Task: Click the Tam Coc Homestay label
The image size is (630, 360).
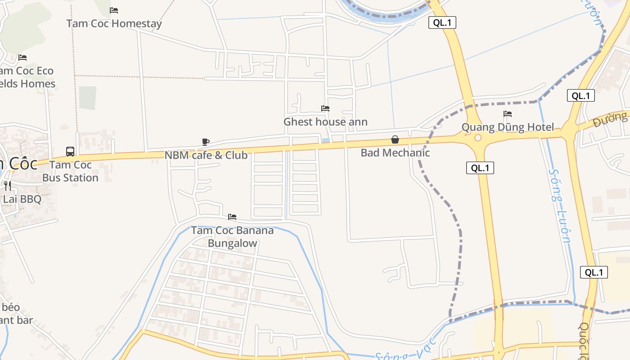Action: click(x=114, y=23)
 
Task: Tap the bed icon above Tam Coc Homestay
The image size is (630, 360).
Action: click(x=114, y=10)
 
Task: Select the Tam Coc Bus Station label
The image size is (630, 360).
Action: click(x=70, y=171)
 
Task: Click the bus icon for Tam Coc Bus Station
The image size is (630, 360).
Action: click(x=70, y=151)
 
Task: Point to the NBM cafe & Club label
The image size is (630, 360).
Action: click(x=206, y=155)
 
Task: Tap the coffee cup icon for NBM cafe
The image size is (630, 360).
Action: click(x=206, y=142)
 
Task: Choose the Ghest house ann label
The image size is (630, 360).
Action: click(x=325, y=121)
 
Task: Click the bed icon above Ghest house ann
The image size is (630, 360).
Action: click(x=325, y=108)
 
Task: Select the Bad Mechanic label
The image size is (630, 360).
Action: click(x=395, y=153)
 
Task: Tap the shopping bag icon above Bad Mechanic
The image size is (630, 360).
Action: click(x=395, y=139)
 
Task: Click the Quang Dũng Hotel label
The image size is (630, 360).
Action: click(x=508, y=127)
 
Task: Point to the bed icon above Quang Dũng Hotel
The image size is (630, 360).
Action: click(x=508, y=114)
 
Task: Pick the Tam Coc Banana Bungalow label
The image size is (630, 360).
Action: click(x=232, y=237)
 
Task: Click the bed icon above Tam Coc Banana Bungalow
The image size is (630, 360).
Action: click(x=232, y=217)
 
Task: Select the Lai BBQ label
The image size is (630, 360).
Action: click(x=22, y=199)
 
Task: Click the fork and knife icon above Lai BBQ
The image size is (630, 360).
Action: click(x=8, y=185)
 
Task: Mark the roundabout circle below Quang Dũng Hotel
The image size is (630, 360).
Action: click(x=478, y=138)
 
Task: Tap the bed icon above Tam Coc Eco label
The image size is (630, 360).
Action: click(x=22, y=58)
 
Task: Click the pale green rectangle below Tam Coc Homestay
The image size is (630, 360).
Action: click(x=87, y=98)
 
